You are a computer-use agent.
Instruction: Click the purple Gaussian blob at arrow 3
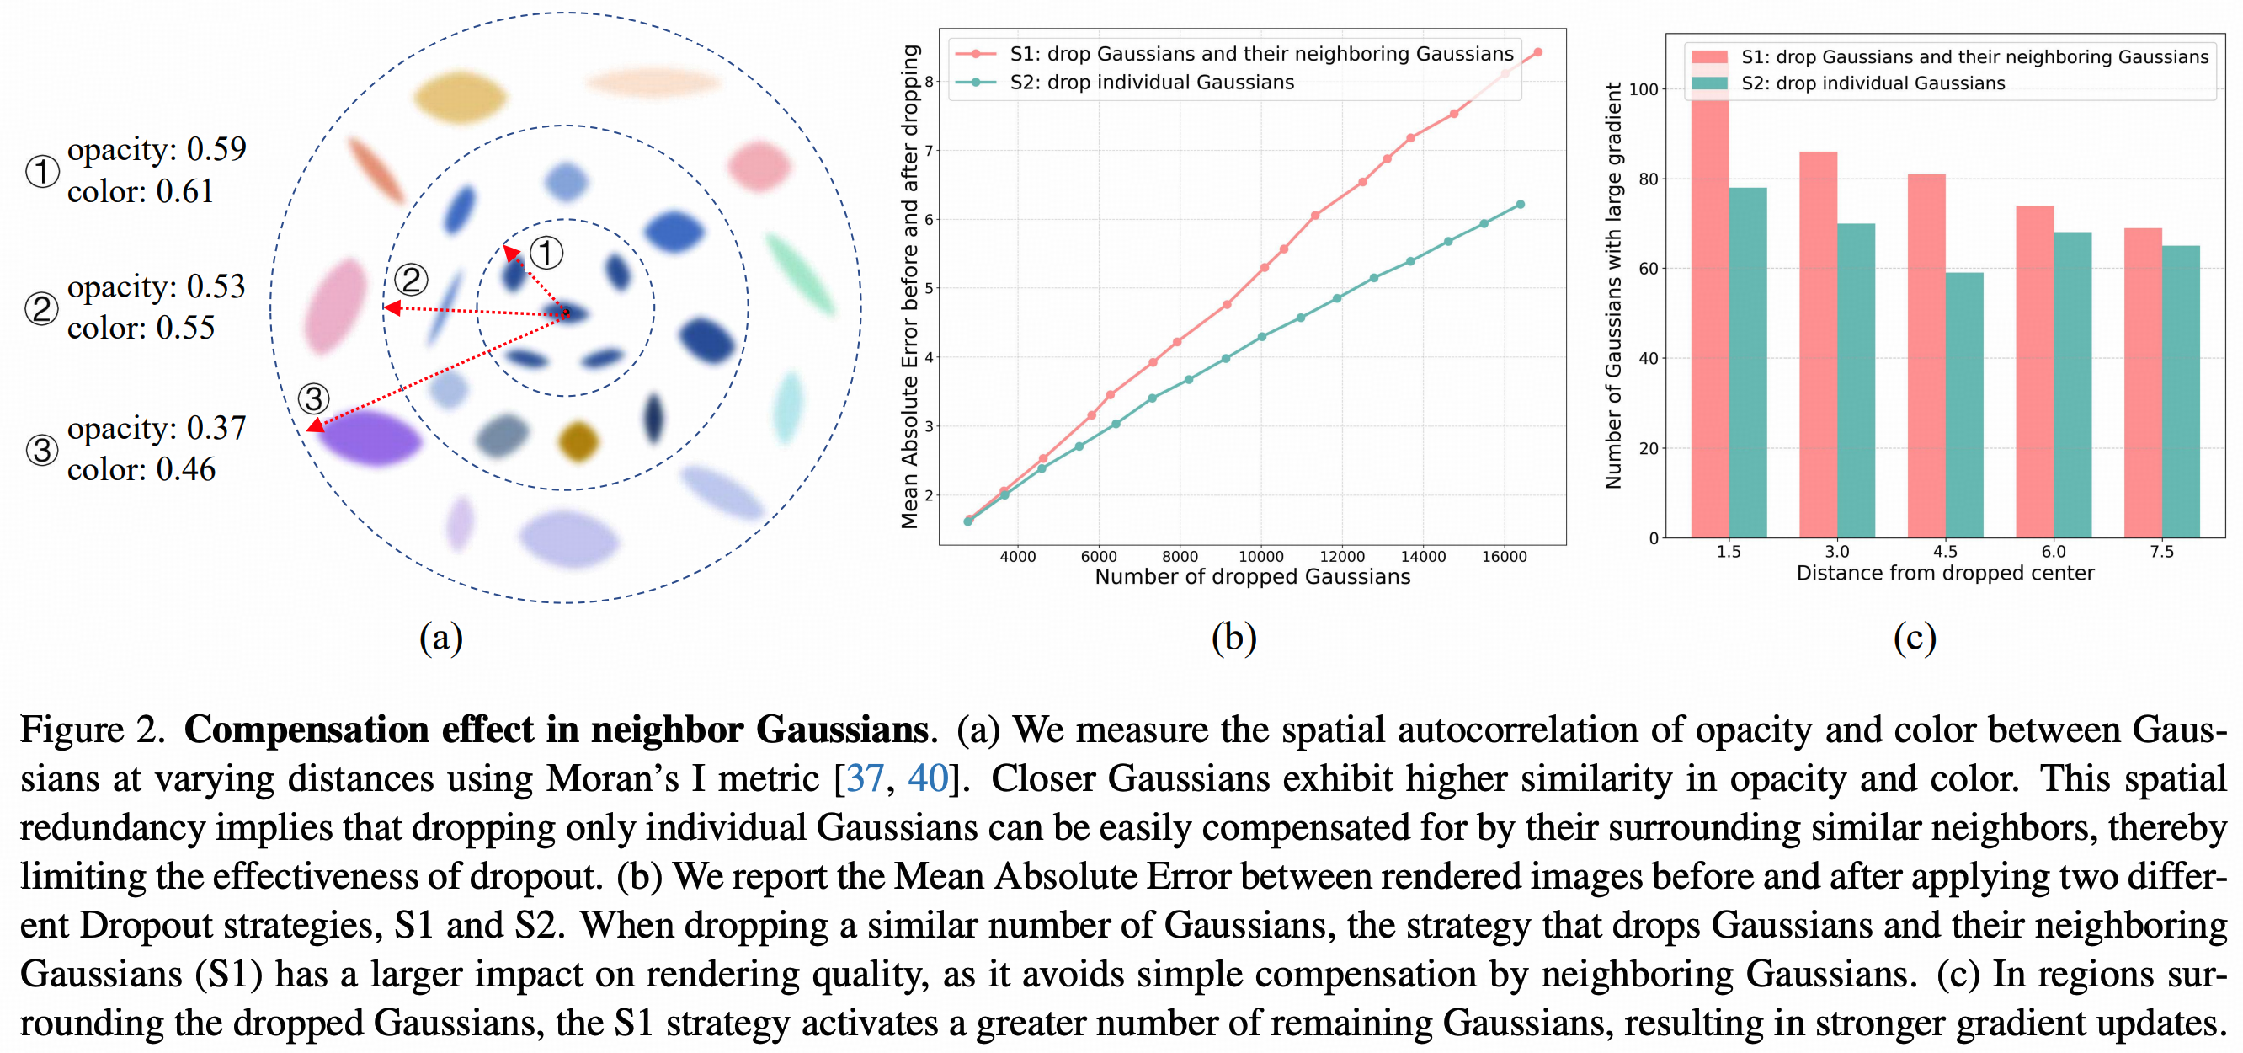(370, 437)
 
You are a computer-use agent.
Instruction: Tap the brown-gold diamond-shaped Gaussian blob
(578, 441)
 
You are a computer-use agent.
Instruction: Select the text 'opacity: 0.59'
(157, 149)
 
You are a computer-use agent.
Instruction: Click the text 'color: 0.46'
(141, 469)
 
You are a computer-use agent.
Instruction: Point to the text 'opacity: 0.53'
(157, 286)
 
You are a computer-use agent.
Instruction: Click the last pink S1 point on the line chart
(1537, 52)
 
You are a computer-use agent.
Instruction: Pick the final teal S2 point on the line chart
(1521, 205)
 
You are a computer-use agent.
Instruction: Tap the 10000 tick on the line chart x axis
(1260, 557)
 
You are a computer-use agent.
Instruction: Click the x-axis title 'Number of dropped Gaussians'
(1252, 576)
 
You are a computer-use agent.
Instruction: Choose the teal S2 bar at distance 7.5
(2182, 392)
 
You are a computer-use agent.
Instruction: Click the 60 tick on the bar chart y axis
(1648, 268)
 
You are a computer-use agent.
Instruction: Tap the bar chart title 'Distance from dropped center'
(1945, 573)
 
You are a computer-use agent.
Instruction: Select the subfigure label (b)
(1233, 638)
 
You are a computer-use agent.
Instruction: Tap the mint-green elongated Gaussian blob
(800, 273)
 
